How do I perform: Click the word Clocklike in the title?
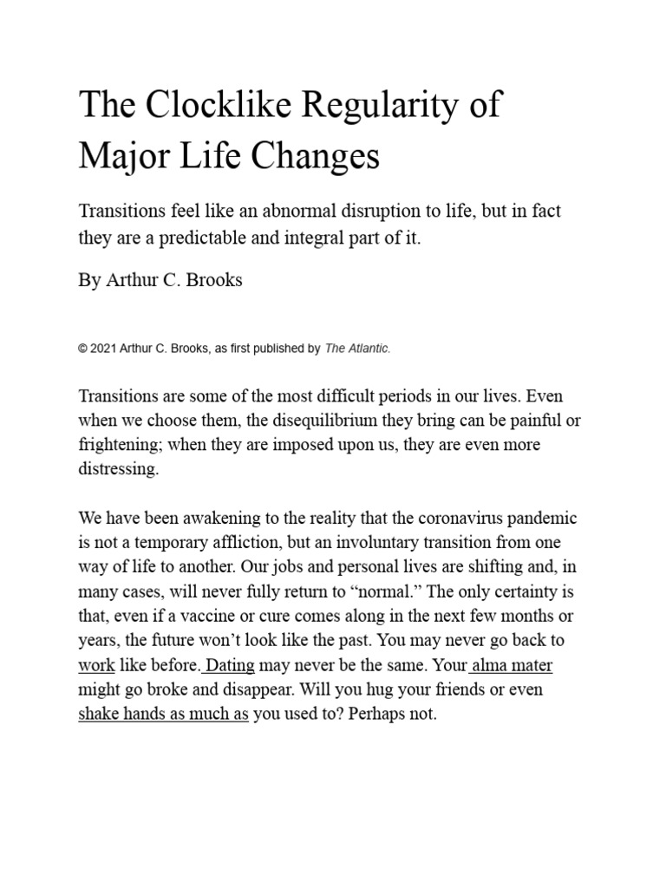208,106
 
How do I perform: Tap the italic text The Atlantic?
357,349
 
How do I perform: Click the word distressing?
119,469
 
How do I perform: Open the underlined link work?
97,667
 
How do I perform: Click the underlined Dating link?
229,667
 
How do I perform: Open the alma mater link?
512,667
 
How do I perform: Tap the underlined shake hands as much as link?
163,716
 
